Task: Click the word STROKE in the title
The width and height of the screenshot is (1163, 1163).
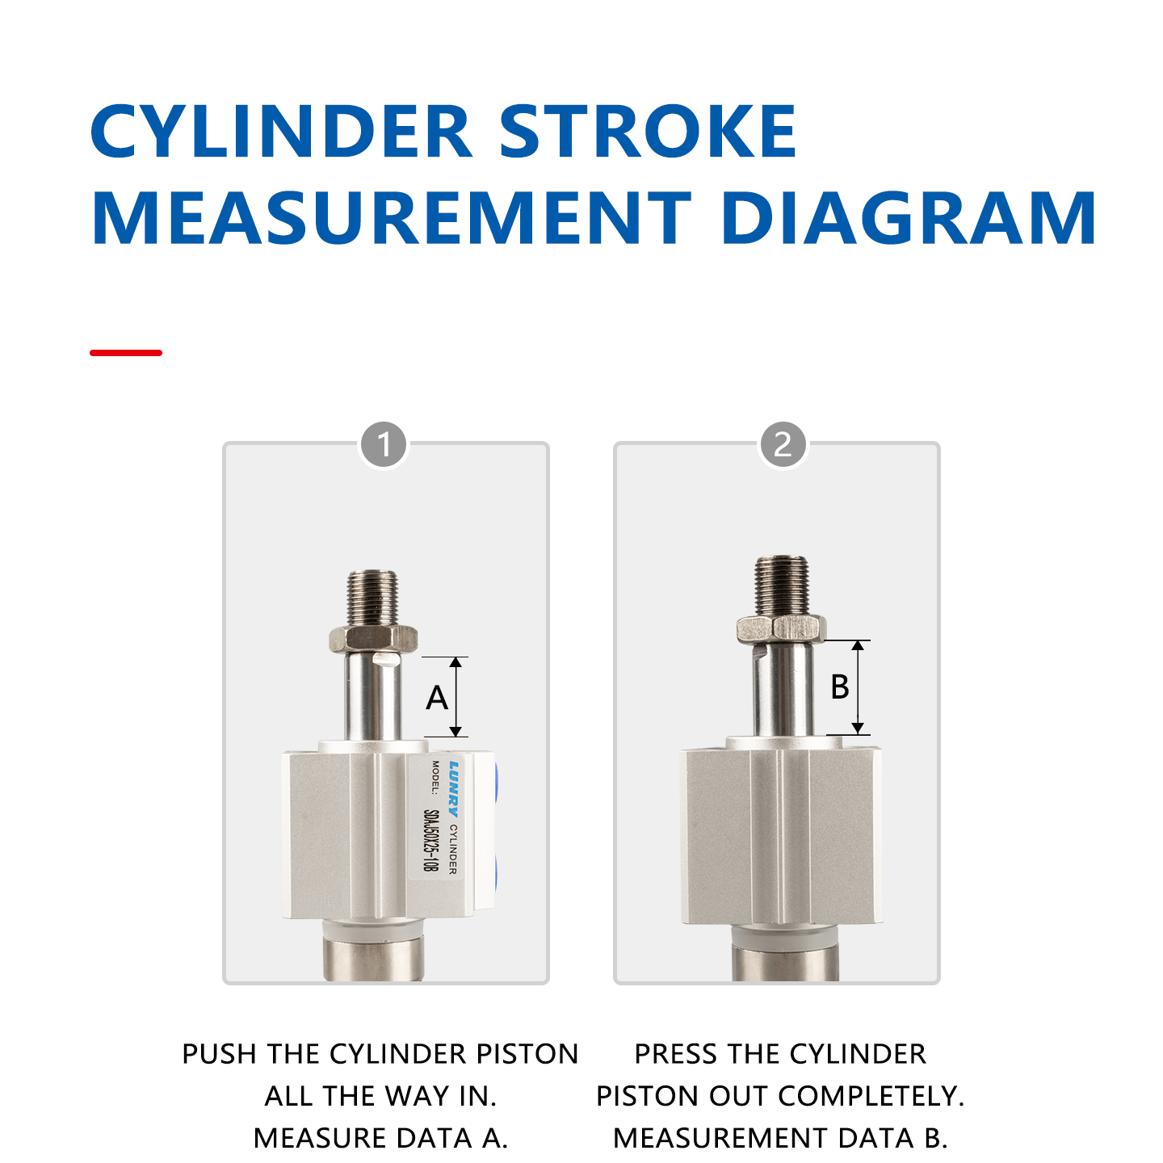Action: click(x=648, y=132)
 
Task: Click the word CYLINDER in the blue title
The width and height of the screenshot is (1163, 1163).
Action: click(x=281, y=132)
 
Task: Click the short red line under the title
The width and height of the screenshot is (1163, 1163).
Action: click(x=126, y=353)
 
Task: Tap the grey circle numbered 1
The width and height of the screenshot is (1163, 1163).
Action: click(x=384, y=444)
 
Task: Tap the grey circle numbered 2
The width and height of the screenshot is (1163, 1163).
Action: click(x=783, y=444)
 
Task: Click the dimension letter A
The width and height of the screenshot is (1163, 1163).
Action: click(x=437, y=698)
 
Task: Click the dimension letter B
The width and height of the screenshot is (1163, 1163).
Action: click(x=840, y=687)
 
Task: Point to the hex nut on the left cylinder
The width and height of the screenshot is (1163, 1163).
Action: click(x=373, y=639)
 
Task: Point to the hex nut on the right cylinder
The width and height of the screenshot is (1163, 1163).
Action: click(x=781, y=628)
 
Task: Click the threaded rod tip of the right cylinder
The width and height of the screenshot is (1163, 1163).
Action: click(x=782, y=583)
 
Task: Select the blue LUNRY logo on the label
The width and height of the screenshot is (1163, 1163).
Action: click(x=454, y=788)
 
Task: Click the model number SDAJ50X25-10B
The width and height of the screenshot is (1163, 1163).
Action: click(x=431, y=840)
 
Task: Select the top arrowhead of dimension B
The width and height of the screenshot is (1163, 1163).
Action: click(x=859, y=645)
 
